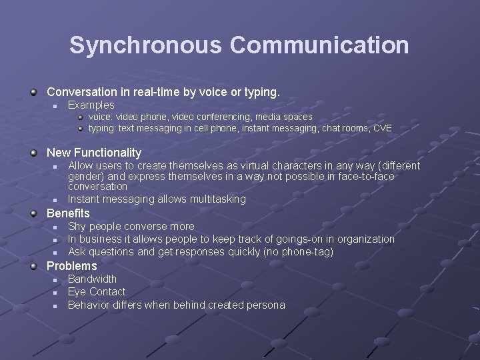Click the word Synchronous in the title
point(146,45)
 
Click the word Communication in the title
point(319,45)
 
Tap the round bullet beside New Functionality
point(33,153)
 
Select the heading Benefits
point(68,213)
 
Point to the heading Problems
point(71,266)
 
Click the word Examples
point(91,105)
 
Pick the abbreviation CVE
point(383,128)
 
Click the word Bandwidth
point(92,279)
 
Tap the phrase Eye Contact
point(97,292)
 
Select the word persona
point(266,305)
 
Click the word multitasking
point(217,199)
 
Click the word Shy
point(77,226)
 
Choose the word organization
point(363,239)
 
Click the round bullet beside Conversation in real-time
point(33,91)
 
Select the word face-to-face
point(363,177)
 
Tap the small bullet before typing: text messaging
point(80,128)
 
